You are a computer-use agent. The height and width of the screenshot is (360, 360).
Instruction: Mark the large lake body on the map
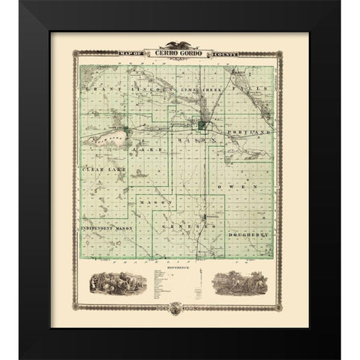pyautogui.click(x=107, y=139)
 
